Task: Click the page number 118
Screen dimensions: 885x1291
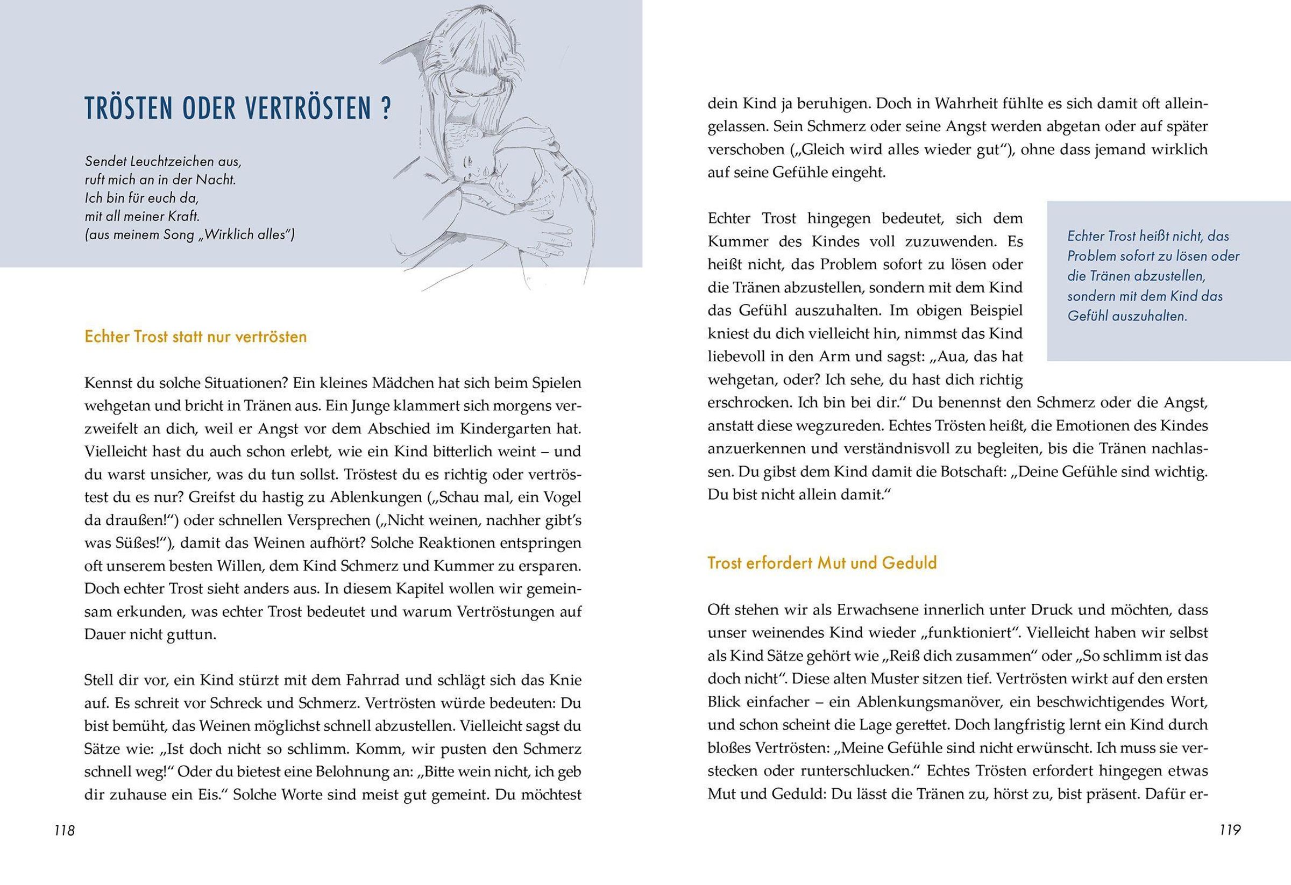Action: (65, 831)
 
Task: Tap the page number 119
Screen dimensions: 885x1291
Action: (1230, 831)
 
